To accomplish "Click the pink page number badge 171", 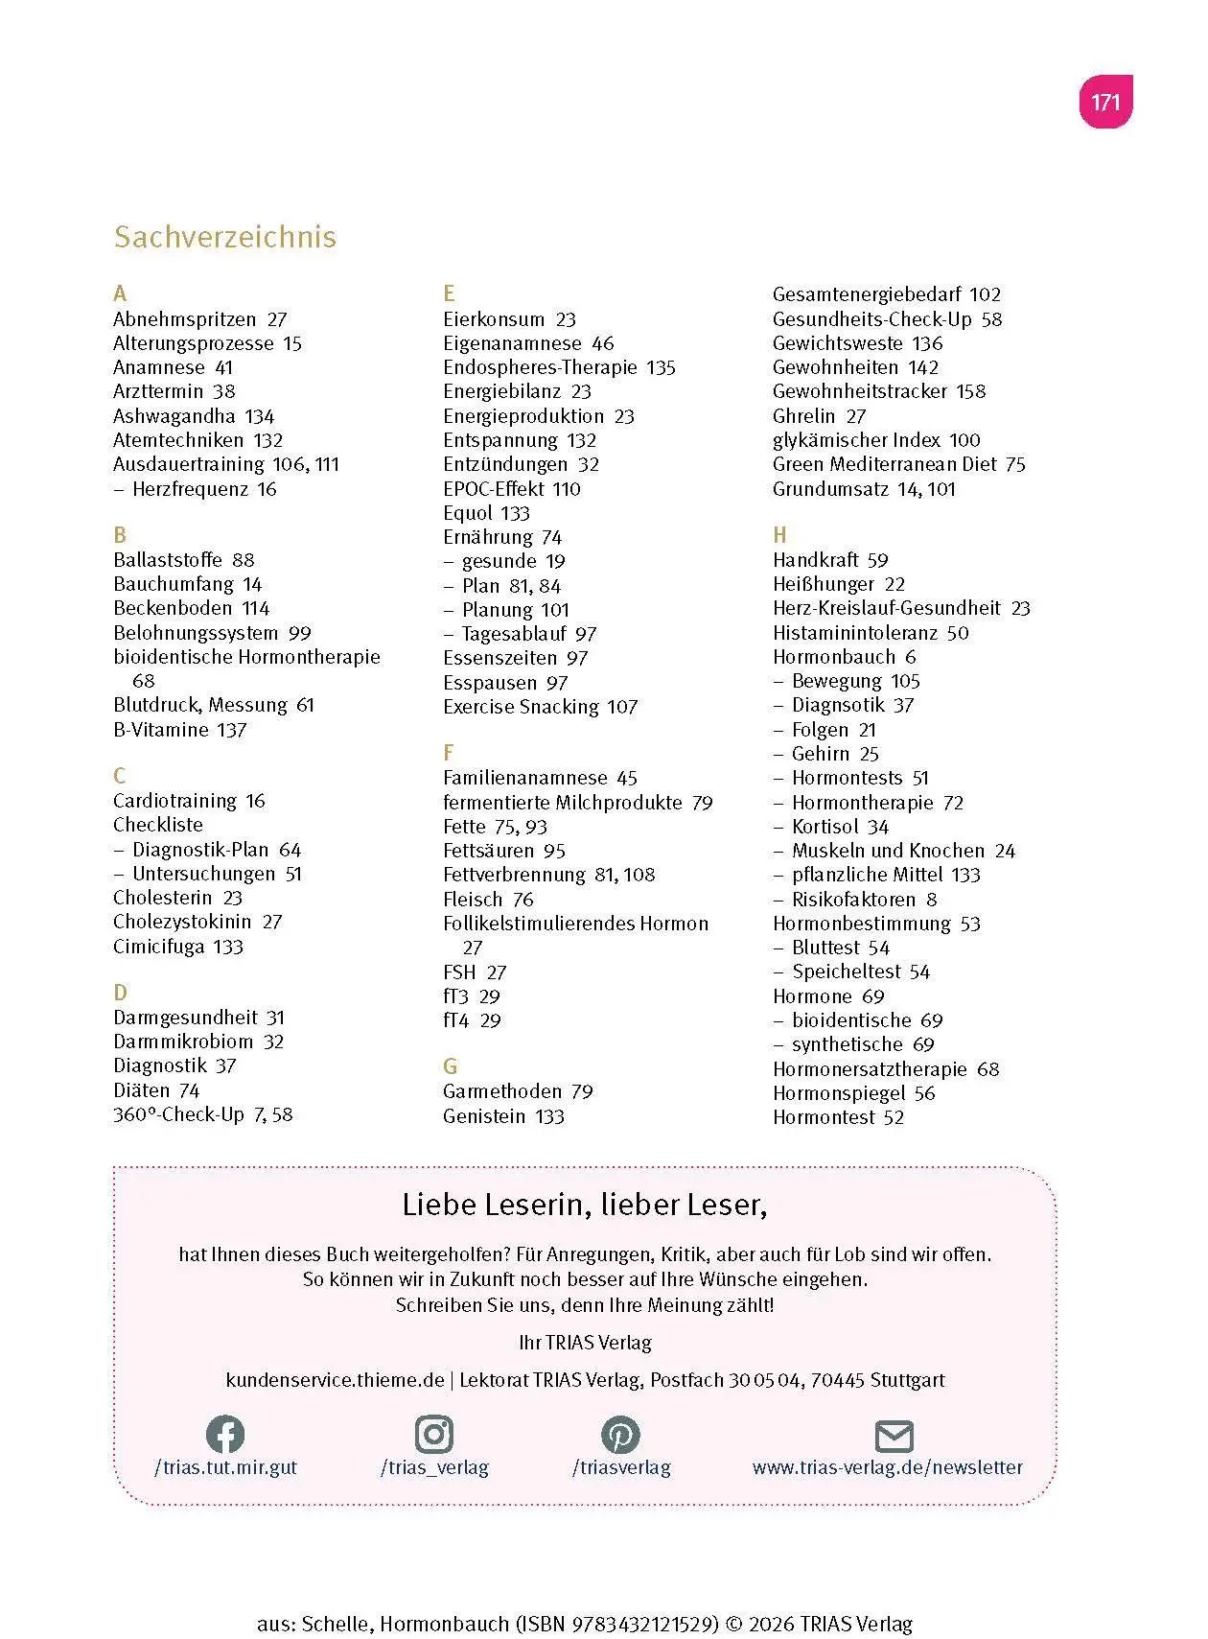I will [x=1105, y=102].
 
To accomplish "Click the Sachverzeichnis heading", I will [x=224, y=237].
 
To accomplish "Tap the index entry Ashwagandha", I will [x=174, y=416].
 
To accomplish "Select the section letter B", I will [x=120, y=534].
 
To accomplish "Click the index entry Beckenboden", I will [x=173, y=608].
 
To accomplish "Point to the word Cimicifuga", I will [x=158, y=947].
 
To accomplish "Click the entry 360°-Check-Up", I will [x=178, y=1114].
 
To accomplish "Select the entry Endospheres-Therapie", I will [x=540, y=367].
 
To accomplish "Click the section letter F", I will [x=448, y=753].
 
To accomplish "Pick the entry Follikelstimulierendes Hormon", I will [x=575, y=924].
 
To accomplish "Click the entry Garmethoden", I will [x=502, y=1091].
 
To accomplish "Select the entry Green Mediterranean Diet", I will [x=885, y=464].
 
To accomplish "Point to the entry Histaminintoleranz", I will [x=855, y=633].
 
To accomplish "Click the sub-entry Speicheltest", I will [x=847, y=972].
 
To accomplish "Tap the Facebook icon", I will [x=225, y=1434].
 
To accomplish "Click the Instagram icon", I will [x=434, y=1434].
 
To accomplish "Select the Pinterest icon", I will [x=620, y=1434].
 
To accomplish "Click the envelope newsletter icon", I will [x=894, y=1436].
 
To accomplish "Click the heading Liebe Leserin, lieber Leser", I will [x=584, y=1205].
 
